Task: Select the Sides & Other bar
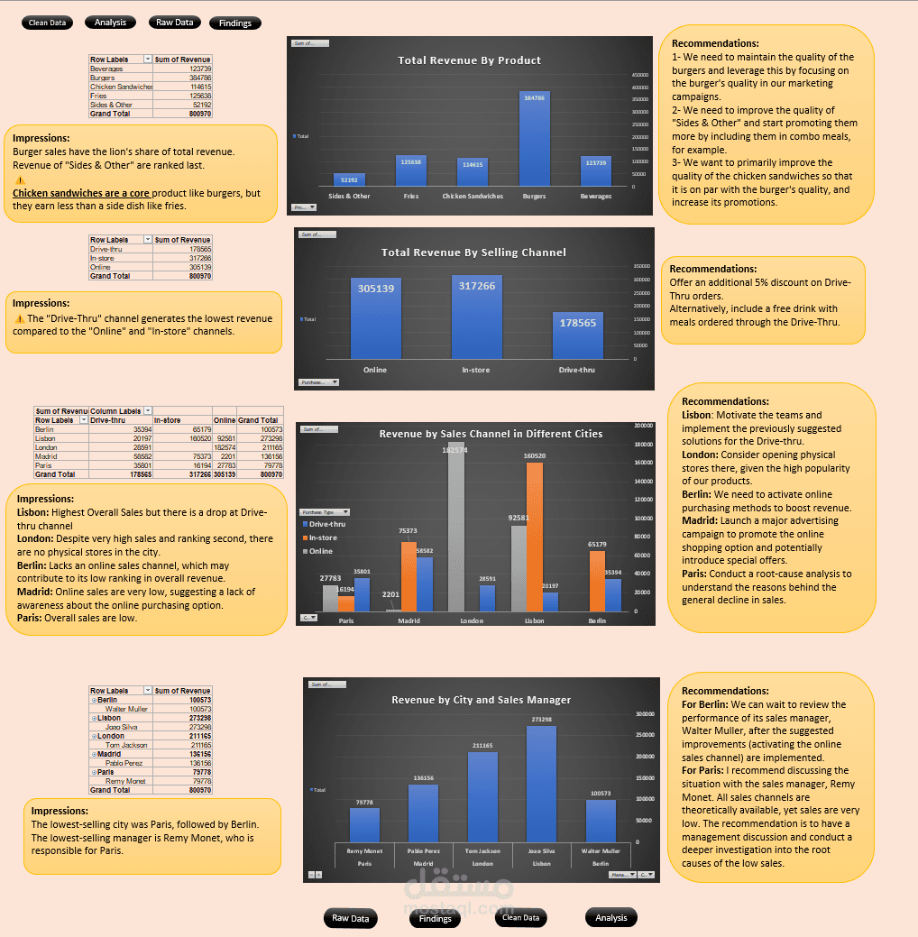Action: pyautogui.click(x=349, y=179)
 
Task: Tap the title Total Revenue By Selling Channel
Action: pyautogui.click(x=473, y=253)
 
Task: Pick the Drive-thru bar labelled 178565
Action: pyautogui.click(x=577, y=335)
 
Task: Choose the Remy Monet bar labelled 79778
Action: pyautogui.click(x=364, y=824)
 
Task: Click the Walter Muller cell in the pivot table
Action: pyautogui.click(x=126, y=709)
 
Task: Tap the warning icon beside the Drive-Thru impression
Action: pyautogui.click(x=19, y=318)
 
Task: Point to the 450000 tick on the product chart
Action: pyautogui.click(x=640, y=75)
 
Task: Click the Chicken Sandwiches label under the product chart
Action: pyautogui.click(x=473, y=196)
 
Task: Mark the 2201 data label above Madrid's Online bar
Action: pyautogui.click(x=390, y=594)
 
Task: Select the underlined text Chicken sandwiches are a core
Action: pyautogui.click(x=81, y=193)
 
